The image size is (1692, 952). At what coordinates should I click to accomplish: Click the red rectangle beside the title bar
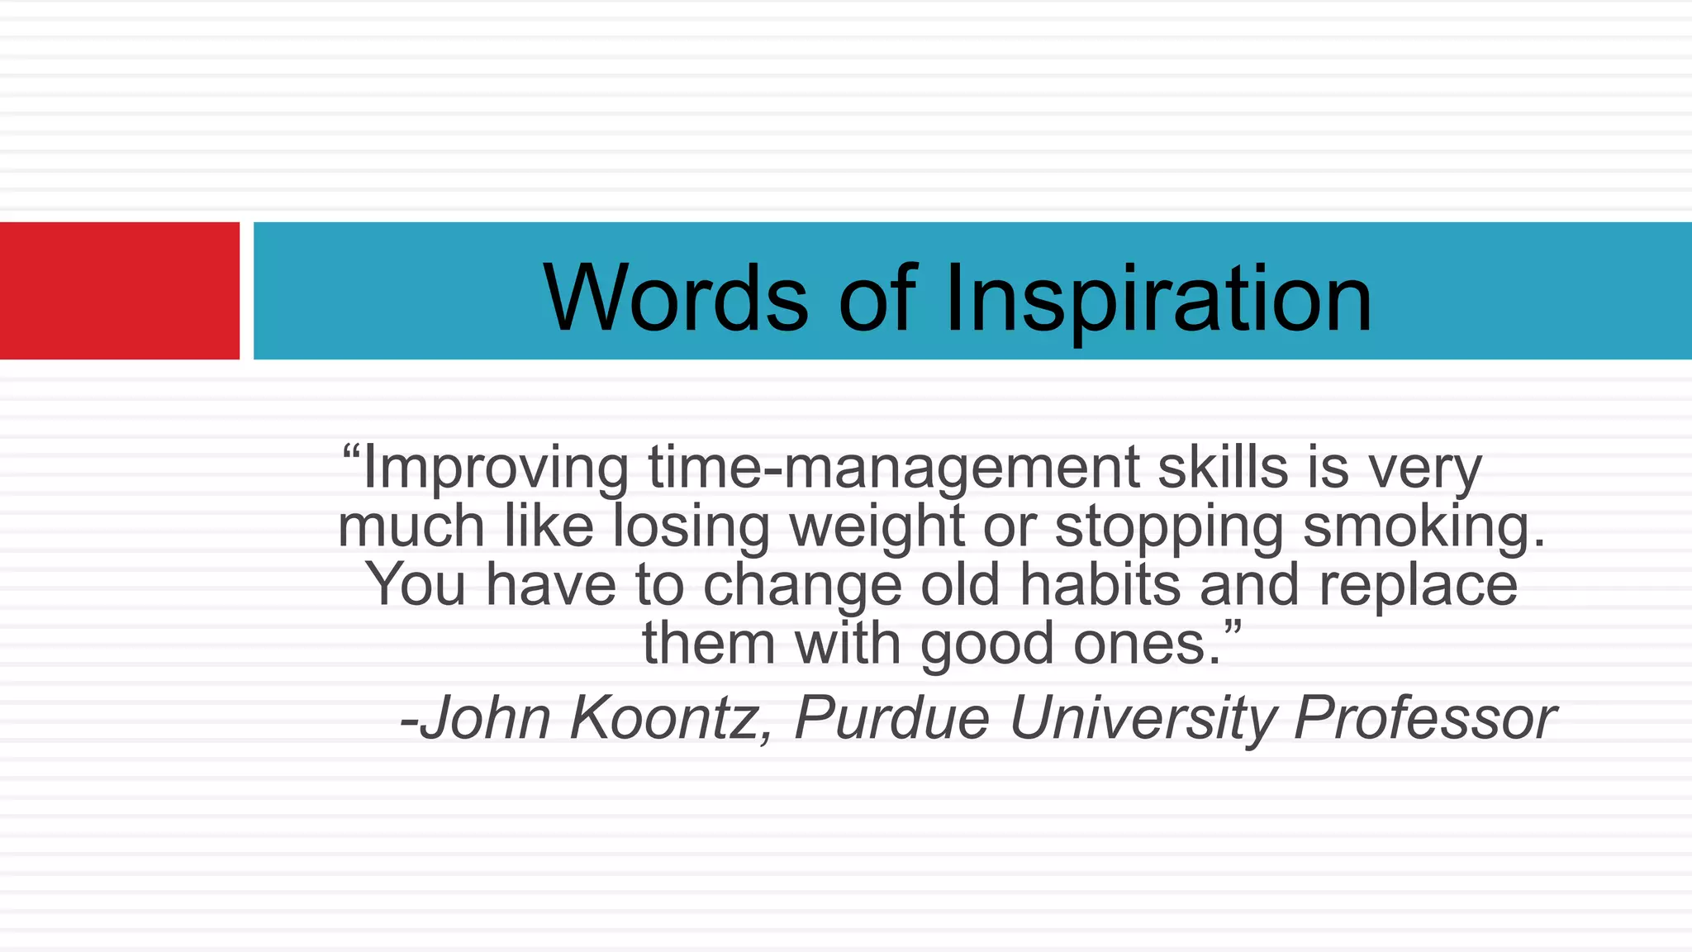pos(120,290)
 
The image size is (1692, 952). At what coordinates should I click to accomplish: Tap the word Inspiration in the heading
pos(1157,299)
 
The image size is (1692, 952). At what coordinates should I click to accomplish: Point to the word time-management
pos(893,469)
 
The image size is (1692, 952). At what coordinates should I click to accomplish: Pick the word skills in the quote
pos(1223,467)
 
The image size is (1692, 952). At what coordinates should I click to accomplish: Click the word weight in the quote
pos(877,527)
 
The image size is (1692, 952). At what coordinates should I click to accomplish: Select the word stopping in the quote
pos(1169,527)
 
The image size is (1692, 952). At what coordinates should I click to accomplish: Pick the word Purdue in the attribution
pos(891,717)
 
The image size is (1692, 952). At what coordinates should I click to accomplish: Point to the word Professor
pos(1425,717)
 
